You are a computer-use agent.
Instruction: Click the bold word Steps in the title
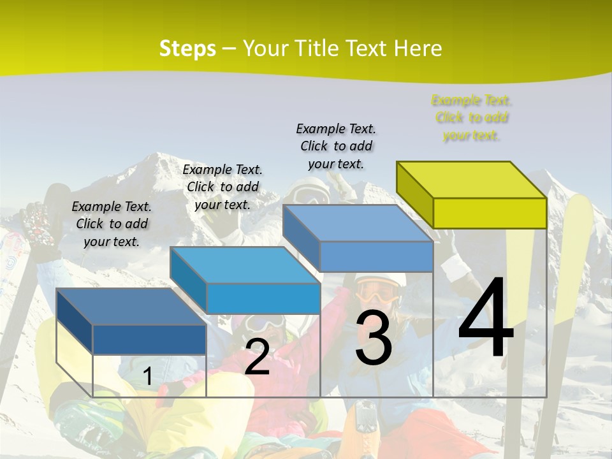pyautogui.click(x=187, y=48)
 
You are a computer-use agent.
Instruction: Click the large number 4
pyautogui.click(x=486, y=318)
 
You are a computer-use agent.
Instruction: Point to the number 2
pyautogui.click(x=257, y=357)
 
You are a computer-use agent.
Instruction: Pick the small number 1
pyautogui.click(x=147, y=377)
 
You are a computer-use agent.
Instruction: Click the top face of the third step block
pyautogui.click(x=358, y=223)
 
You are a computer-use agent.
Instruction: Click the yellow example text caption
pyautogui.click(x=471, y=118)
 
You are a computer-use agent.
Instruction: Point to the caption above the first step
pyautogui.click(x=112, y=224)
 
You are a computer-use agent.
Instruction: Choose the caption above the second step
pyautogui.click(x=222, y=187)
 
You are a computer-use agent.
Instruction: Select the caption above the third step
pyautogui.click(x=336, y=146)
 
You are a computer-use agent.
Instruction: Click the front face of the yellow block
pyautogui.click(x=490, y=213)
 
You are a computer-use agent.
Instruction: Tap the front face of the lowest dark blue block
pyautogui.click(x=149, y=339)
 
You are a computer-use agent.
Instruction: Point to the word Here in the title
pyautogui.click(x=418, y=48)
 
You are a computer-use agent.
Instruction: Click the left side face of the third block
pyautogui.click(x=301, y=236)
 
